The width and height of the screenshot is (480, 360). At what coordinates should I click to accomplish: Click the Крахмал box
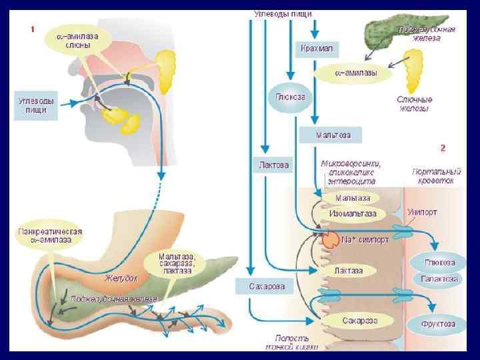[317, 49]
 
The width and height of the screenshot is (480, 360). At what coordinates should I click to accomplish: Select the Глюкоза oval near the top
[289, 97]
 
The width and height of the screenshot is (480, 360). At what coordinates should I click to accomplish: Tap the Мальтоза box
[333, 135]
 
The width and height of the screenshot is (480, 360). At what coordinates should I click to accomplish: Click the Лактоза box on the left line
[274, 165]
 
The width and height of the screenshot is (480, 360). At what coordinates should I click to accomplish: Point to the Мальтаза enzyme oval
[352, 198]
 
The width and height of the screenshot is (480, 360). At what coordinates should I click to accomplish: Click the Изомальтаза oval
[353, 213]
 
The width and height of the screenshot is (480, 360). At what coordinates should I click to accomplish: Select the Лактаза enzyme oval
[348, 271]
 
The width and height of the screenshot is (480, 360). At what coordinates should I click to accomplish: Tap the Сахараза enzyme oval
[360, 321]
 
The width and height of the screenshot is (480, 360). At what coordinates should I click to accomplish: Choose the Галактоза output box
[438, 278]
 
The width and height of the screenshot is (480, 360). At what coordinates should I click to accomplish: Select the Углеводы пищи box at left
[37, 105]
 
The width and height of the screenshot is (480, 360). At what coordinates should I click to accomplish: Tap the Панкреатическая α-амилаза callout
[50, 237]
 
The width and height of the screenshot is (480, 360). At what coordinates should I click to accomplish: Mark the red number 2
[443, 148]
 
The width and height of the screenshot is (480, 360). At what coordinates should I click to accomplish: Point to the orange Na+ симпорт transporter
[331, 239]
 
